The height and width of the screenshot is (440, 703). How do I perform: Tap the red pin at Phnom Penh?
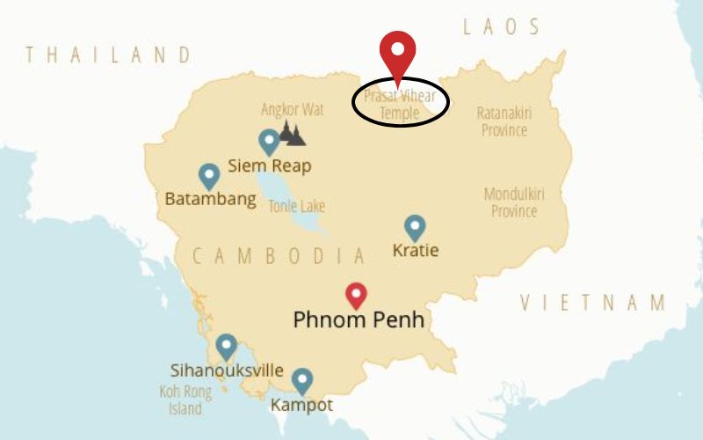(x=356, y=295)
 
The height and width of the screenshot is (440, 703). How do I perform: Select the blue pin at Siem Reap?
(x=269, y=142)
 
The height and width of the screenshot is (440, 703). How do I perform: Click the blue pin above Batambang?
(x=208, y=176)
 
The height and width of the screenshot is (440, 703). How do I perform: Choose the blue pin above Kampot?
(x=302, y=380)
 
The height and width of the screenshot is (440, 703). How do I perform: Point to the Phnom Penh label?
(x=359, y=320)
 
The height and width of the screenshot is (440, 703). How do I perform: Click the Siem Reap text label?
(x=269, y=165)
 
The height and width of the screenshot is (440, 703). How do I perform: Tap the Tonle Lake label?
(x=296, y=207)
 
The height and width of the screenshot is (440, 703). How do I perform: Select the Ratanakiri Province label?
(x=504, y=121)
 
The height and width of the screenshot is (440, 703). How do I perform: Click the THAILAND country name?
(x=108, y=55)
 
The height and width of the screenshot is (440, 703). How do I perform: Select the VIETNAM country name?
(x=593, y=304)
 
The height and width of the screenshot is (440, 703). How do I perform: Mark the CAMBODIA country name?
(x=279, y=256)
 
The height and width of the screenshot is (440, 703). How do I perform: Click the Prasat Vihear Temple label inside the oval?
(x=400, y=104)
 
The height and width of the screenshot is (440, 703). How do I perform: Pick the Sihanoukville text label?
(x=226, y=370)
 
